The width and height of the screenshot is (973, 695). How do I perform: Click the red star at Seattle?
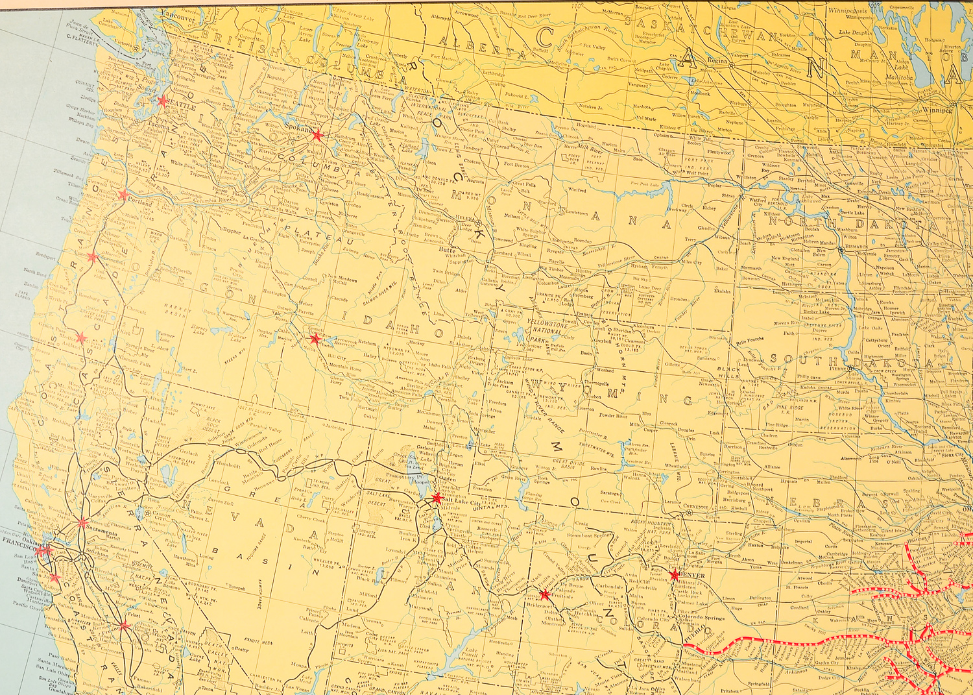(x=162, y=101)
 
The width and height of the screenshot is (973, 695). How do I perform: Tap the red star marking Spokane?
(x=317, y=135)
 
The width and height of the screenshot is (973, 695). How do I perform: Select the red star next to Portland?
(x=123, y=194)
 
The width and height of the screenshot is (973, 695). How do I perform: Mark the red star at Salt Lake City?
(x=437, y=498)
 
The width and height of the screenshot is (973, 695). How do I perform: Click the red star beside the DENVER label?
(x=675, y=575)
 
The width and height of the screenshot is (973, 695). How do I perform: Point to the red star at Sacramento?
(x=82, y=522)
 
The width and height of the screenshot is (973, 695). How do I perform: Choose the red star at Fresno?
(x=123, y=626)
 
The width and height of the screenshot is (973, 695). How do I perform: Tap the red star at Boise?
(x=315, y=339)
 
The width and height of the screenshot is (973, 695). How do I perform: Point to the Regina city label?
(x=717, y=60)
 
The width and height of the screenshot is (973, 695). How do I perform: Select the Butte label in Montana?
(x=447, y=249)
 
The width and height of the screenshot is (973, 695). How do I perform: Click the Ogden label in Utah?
(x=448, y=479)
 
